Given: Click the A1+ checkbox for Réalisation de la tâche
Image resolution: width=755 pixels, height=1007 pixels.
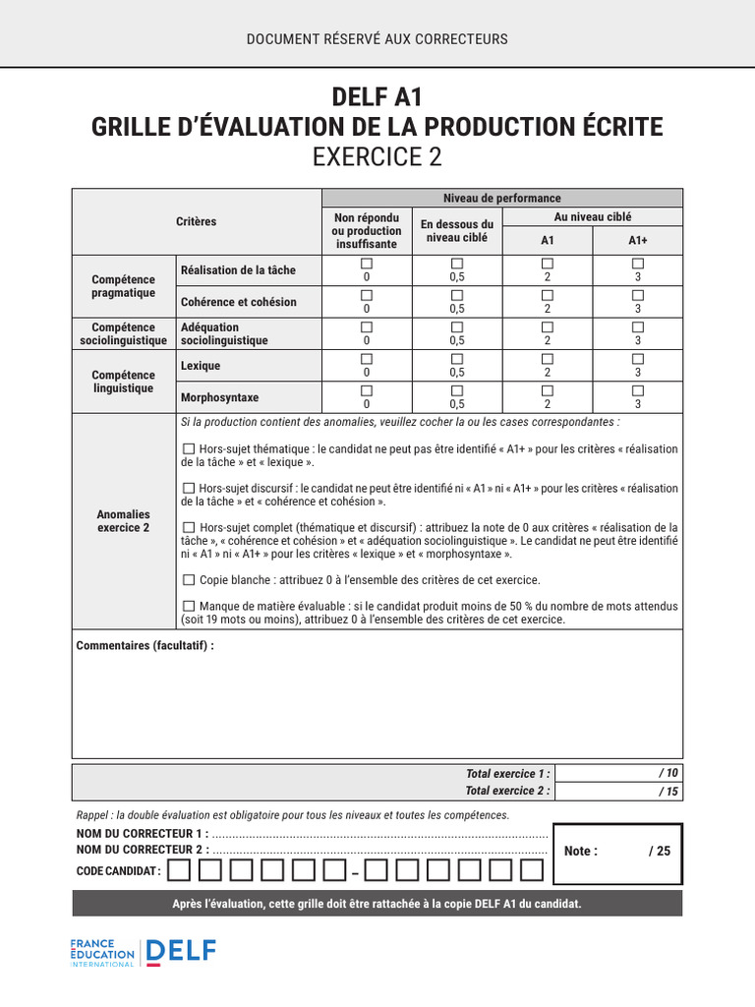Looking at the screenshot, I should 638,264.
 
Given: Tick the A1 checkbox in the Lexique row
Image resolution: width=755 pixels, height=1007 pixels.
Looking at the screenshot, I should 548,359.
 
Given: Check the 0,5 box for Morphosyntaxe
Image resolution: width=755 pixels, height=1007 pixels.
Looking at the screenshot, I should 457,390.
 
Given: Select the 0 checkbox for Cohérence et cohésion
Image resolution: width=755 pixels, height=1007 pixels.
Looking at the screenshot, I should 367,295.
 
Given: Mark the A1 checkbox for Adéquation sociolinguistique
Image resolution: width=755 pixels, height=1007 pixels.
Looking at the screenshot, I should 548,326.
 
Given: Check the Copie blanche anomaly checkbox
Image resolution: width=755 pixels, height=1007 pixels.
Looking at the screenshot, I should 189,580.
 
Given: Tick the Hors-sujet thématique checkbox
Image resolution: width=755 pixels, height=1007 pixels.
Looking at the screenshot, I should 189,448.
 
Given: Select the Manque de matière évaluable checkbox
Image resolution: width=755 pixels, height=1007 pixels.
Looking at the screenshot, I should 189,607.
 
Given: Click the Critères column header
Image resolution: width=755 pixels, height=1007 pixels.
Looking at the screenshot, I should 197,222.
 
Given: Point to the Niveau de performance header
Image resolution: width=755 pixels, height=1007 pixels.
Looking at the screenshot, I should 501,199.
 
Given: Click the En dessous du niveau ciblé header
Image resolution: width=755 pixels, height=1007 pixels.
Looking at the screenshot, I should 457,231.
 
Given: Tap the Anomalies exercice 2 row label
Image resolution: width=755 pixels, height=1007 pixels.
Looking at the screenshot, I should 123,520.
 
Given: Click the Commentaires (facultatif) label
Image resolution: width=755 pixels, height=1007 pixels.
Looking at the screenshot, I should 145,646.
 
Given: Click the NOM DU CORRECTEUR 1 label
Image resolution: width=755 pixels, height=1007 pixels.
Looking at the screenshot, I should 143,834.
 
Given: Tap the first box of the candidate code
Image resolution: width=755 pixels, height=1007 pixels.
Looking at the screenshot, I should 179,870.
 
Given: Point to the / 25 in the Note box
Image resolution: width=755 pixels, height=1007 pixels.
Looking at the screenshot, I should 659,852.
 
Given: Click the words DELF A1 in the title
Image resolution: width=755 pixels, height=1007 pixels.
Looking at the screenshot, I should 377,97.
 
